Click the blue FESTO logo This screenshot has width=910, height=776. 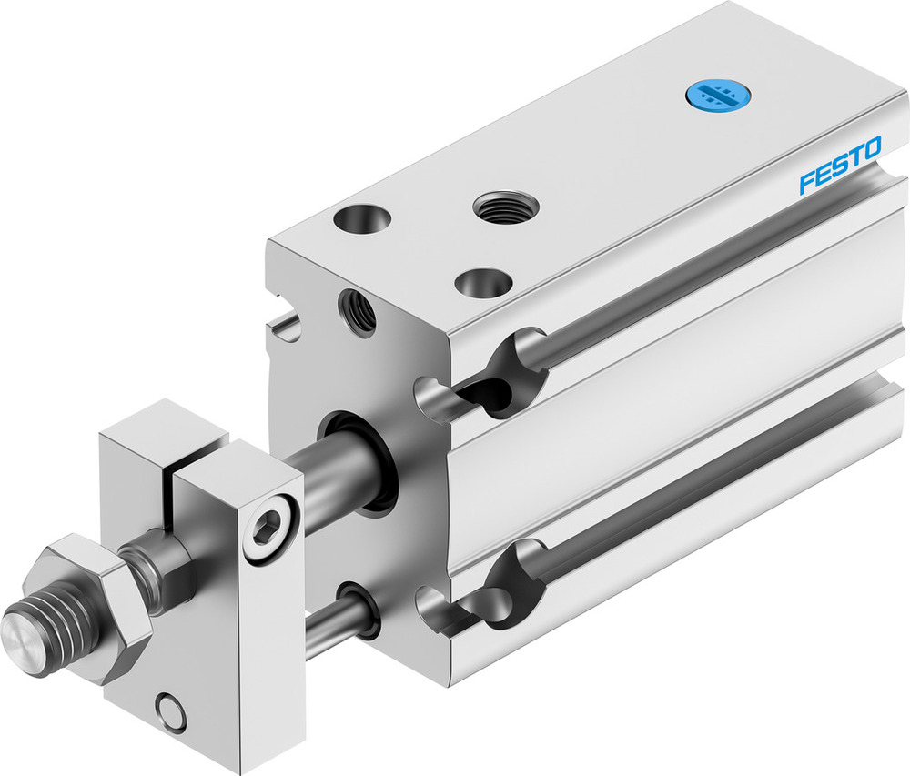tap(839, 166)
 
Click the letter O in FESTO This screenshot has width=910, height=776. tap(871, 151)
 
